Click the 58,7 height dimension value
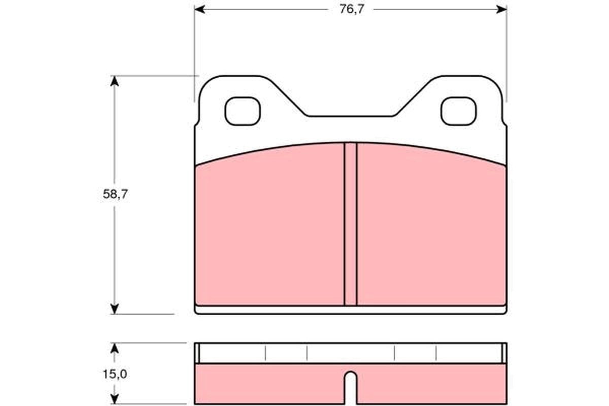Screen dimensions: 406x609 tap(115, 194)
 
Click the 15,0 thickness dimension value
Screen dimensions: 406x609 tap(115, 375)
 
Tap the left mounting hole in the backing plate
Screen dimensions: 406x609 tap(243, 111)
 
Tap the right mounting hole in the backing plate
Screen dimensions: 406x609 tap(458, 111)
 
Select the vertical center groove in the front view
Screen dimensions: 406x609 tap(350, 223)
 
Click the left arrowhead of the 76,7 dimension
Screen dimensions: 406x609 tap(199, 9)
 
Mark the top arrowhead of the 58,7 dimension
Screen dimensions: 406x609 tap(115, 81)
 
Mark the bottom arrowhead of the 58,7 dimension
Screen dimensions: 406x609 tap(115, 308)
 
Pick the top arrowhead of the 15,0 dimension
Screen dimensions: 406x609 tap(115, 348)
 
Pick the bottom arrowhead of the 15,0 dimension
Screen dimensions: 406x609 tap(115, 399)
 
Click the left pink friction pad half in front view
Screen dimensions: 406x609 tap(269, 228)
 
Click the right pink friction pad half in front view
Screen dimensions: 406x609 tap(431, 228)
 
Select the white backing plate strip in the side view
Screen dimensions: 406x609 tap(350, 353)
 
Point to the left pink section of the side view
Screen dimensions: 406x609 tap(269, 384)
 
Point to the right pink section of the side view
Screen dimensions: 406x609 tap(431, 384)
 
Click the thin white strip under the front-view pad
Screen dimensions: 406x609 tap(350, 309)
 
